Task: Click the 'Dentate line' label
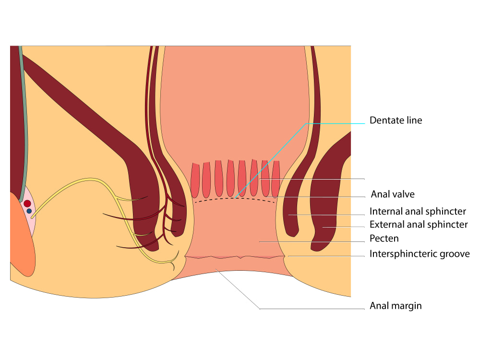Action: [396, 120]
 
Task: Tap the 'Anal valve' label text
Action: [393, 194]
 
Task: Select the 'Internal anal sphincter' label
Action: [418, 211]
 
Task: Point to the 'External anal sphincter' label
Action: [419, 224]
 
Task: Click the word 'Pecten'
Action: [384, 238]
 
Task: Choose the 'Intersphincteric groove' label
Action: [420, 254]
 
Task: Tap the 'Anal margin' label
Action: [396, 306]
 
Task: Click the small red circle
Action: [27, 204]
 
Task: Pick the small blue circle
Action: [29, 211]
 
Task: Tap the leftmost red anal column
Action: [195, 180]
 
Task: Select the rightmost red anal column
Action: [276, 179]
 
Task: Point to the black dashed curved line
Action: [235, 199]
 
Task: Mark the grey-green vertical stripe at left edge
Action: [24, 122]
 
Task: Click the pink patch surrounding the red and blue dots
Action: [30, 211]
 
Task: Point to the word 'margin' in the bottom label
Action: [407, 306]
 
